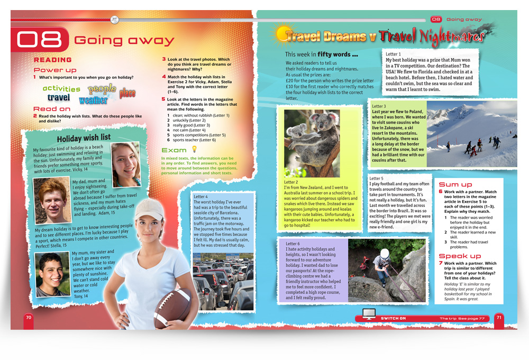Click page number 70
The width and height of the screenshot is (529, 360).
pyautogui.click(x=29, y=317)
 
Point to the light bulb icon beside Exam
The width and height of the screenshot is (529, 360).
pyautogui.click(x=194, y=150)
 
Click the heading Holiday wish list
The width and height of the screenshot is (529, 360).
pyautogui.click(x=84, y=138)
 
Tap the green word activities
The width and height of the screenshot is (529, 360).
pyautogui.click(x=61, y=89)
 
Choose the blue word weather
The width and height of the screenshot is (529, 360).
pyautogui.click(x=93, y=100)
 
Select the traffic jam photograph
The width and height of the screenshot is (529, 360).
pyautogui.click(x=223, y=282)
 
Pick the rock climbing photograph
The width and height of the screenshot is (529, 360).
pyautogui.click(x=388, y=271)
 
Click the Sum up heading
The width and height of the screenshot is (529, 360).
pyautogui.click(x=455, y=184)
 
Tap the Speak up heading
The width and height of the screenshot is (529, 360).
pyautogui.click(x=460, y=256)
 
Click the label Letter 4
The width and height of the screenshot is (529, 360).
pyautogui.click(x=200, y=197)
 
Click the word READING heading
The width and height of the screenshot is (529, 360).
pyautogui.click(x=52, y=60)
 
